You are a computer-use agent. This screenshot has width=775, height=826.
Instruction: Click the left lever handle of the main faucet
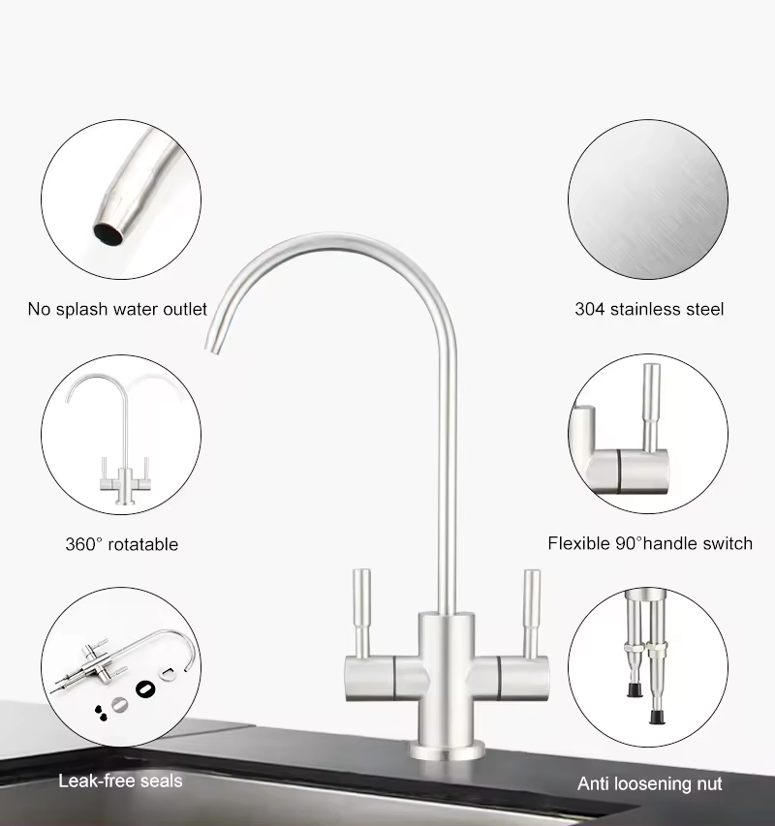click(361, 614)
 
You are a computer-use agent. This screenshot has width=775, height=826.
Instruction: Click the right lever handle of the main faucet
click(532, 614)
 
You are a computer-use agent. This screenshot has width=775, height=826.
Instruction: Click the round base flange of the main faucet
click(448, 750)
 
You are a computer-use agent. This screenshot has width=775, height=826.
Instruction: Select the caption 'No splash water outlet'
click(117, 309)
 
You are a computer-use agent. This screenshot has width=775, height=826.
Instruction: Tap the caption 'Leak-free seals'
click(120, 780)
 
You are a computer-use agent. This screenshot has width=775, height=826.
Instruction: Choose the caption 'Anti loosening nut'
click(650, 783)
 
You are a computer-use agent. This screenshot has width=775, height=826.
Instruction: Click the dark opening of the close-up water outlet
click(108, 234)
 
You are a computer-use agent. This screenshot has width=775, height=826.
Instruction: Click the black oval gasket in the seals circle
click(145, 688)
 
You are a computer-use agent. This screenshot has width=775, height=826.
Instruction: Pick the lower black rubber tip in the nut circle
click(657, 717)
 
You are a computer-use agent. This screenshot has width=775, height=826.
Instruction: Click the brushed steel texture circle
click(648, 199)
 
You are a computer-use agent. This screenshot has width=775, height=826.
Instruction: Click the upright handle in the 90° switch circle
click(652, 407)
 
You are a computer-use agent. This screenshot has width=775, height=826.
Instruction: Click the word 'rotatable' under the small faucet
click(142, 543)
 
